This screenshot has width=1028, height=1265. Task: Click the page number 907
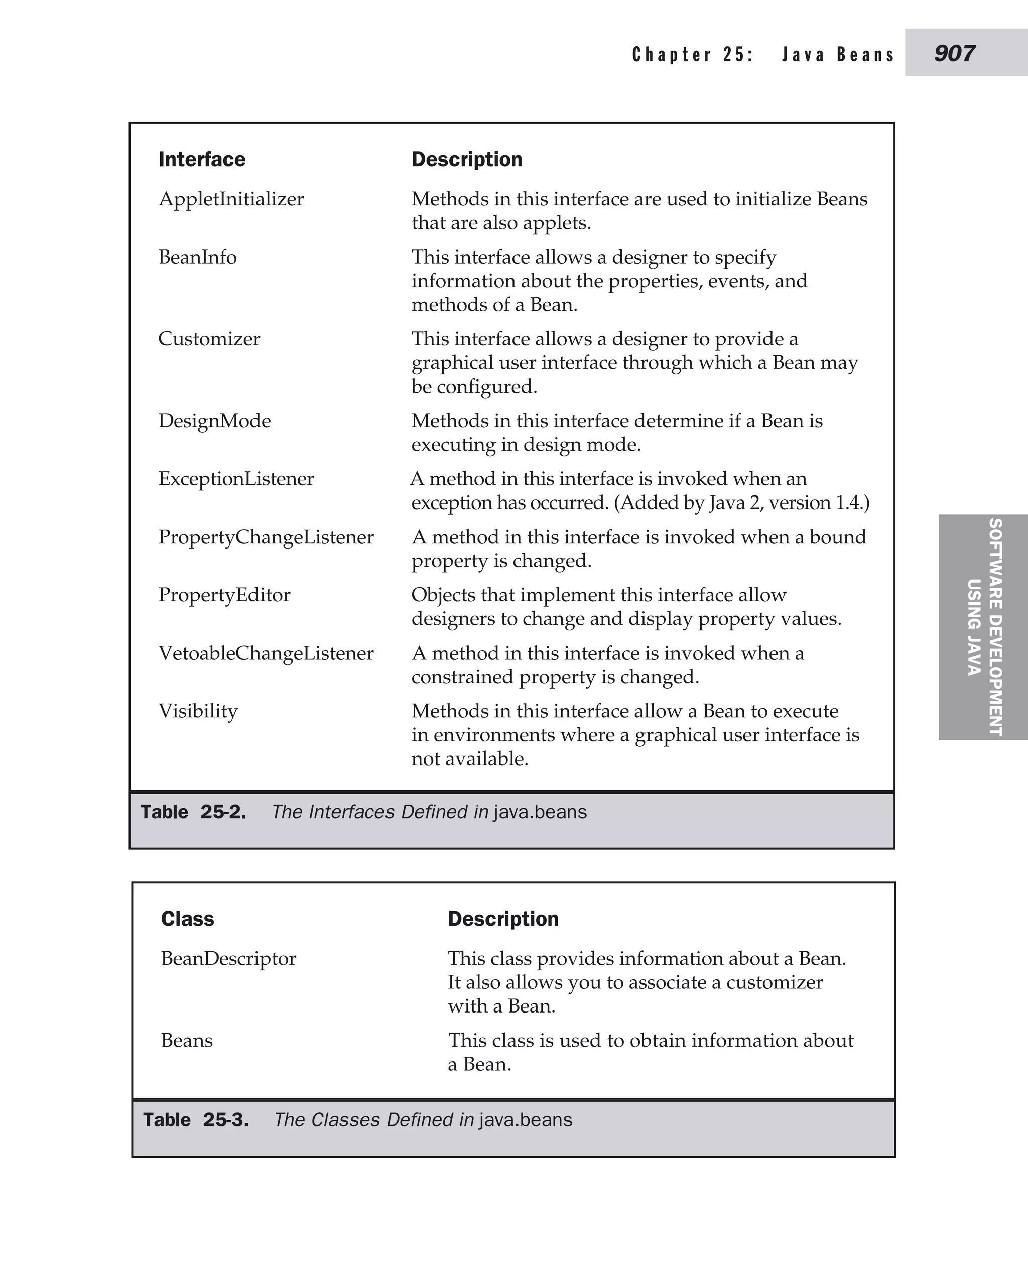(954, 54)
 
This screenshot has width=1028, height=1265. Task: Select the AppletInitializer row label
(231, 199)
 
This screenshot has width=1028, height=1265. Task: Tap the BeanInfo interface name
(197, 257)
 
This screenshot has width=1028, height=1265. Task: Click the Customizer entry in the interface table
(209, 339)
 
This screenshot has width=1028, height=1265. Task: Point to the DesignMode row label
(214, 421)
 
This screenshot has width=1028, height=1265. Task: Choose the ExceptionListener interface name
(236, 478)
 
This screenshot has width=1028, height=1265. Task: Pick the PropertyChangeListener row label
(266, 537)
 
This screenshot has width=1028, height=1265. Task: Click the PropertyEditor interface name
(224, 594)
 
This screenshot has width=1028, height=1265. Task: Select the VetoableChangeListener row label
(266, 653)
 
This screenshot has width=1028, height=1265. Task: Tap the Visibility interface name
(198, 711)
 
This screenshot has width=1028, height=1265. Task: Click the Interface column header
(202, 159)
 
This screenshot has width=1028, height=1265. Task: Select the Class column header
(187, 919)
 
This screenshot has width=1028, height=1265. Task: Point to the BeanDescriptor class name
(228, 958)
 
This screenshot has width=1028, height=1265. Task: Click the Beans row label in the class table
(187, 1040)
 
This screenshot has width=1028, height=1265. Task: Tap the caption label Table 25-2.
(193, 811)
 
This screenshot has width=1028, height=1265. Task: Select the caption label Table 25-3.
(195, 1119)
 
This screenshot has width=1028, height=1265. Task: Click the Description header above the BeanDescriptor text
(503, 919)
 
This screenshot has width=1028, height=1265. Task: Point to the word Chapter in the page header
(672, 55)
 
